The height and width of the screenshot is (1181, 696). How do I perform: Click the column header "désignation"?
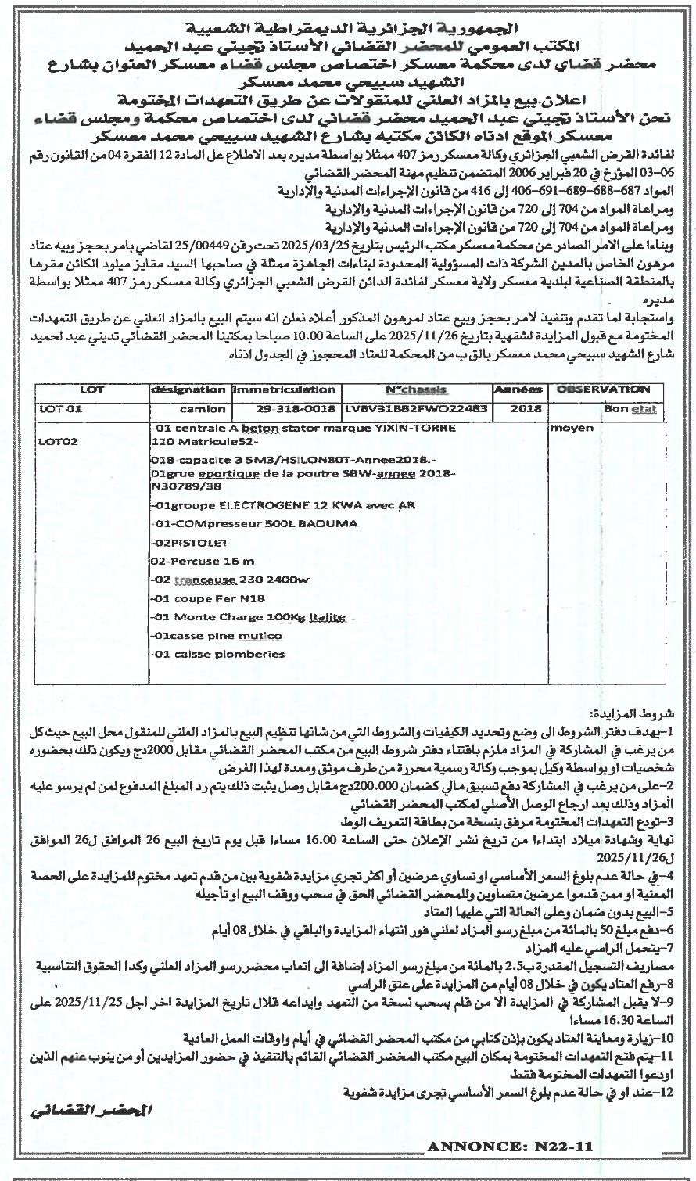pos(188,389)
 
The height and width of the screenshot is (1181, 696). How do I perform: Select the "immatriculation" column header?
pos(284,389)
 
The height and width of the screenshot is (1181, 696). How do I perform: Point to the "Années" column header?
pos(518,389)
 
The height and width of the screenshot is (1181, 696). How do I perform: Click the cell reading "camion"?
pos(202,408)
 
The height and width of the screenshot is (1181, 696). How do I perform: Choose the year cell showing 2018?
pos(519,408)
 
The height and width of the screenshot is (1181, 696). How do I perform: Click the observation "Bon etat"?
pos(630,408)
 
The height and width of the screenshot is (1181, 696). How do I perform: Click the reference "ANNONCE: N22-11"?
pos(509,1147)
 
